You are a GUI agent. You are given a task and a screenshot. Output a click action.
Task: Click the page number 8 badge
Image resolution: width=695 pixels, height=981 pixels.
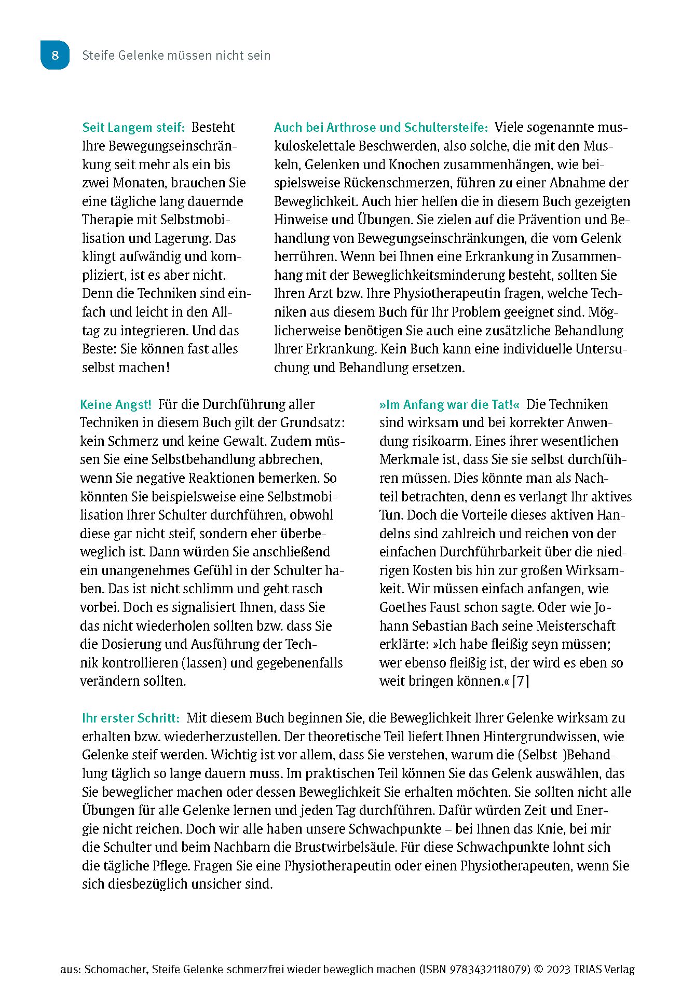pos(55,55)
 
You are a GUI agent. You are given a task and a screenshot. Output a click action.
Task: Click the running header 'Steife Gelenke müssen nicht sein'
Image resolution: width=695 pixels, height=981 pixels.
pos(176,56)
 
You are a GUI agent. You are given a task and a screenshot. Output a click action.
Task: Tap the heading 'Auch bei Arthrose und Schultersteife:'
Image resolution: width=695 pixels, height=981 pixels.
pos(381,128)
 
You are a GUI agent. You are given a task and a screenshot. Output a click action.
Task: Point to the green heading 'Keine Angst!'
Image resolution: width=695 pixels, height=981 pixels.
pos(116,405)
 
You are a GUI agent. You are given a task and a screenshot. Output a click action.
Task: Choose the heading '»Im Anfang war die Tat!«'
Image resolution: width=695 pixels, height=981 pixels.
pos(449,405)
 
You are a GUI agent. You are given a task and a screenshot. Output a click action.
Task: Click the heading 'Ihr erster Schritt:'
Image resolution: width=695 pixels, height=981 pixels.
pos(131,718)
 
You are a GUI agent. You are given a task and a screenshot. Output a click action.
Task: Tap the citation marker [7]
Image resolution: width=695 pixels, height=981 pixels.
pos(521,681)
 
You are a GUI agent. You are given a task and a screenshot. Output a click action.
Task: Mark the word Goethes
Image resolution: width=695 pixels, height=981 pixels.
pos(403,607)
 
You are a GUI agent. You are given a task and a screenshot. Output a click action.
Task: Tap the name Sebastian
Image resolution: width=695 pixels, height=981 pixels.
pos(446,626)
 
